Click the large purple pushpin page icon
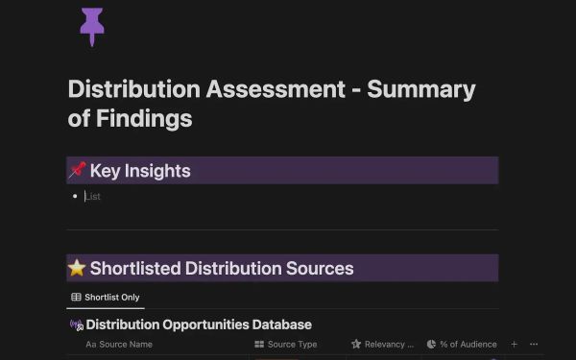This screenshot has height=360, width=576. (x=92, y=25)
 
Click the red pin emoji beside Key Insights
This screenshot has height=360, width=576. (x=78, y=171)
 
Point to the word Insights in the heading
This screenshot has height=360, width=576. (x=156, y=171)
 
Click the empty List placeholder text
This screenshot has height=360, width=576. (x=93, y=197)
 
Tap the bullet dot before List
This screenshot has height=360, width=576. (x=75, y=197)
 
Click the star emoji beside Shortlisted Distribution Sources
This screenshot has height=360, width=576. (x=78, y=268)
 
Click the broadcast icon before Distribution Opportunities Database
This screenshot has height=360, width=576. (x=77, y=325)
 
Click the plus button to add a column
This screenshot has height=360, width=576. (x=514, y=344)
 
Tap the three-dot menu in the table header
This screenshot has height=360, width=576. (x=534, y=344)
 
